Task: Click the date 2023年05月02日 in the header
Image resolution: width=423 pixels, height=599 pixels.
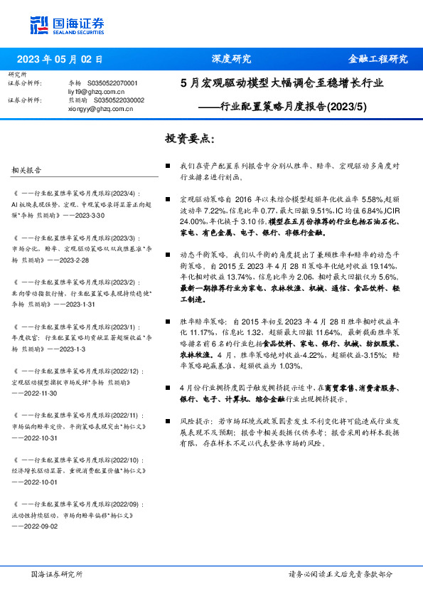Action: [x=60, y=60]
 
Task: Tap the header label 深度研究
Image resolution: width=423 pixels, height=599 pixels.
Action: [x=231, y=59]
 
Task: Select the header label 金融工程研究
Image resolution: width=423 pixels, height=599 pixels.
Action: [x=378, y=59]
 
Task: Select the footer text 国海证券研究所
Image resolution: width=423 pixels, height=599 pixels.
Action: [x=57, y=574]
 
